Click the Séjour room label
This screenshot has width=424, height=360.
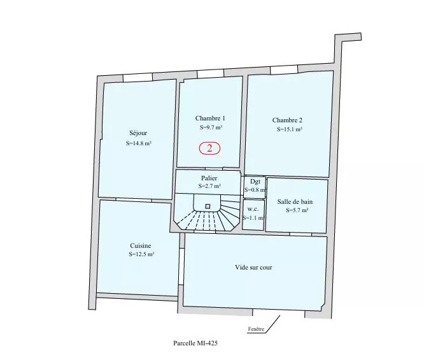point(138,133)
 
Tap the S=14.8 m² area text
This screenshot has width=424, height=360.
point(138,143)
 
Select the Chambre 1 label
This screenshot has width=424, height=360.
point(210,119)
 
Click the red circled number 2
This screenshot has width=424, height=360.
point(209,148)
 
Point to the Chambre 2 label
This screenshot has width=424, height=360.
point(287,120)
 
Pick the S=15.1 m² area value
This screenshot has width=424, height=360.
point(289,129)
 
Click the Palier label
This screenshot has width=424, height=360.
point(209,178)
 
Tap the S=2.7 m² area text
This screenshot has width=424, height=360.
point(209,186)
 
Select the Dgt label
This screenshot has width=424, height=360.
point(255,182)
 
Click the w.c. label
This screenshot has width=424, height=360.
point(253,209)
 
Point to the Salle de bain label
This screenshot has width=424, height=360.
point(295,201)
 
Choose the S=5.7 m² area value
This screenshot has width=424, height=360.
point(297,210)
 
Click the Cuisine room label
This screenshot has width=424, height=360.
point(141,246)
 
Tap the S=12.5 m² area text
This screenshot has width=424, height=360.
point(141,254)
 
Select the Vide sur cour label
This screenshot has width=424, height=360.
point(253,268)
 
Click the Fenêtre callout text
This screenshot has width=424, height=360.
point(256,329)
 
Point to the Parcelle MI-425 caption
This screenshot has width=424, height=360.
point(195,343)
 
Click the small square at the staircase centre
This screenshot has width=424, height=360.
point(208,206)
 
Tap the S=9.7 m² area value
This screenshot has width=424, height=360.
point(211,127)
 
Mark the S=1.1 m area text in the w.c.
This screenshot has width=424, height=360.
point(253,218)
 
